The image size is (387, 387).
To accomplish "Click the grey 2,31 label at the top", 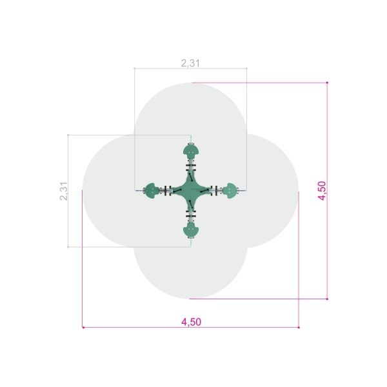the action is coord(190,63).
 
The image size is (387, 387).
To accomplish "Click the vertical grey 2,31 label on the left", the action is coord(64,191).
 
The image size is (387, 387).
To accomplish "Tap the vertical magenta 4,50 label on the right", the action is coord(322,190).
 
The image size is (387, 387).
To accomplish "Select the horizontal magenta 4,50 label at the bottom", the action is coord(192,322).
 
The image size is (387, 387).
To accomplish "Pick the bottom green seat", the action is coord(191,230).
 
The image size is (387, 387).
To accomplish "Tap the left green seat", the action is coord(152,191).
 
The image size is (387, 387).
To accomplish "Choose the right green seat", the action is coord(230,191).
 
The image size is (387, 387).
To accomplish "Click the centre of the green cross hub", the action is coord(191,191).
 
